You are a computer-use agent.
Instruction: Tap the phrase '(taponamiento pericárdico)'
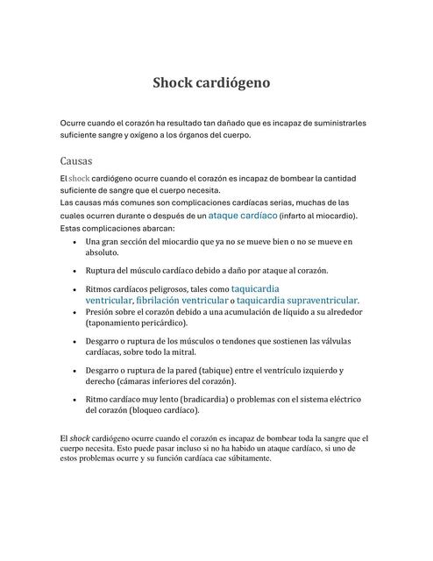point(136,323)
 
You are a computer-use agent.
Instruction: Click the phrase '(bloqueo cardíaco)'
point(164,410)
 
